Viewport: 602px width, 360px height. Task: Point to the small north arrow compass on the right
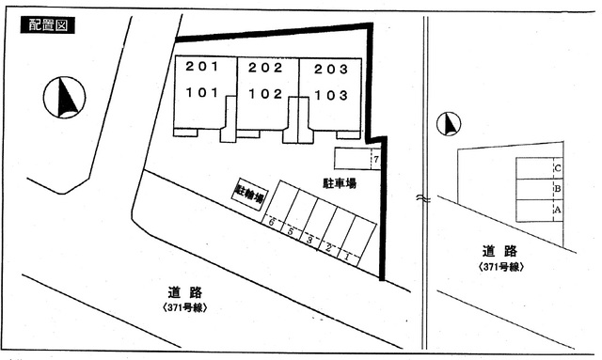click(x=450, y=124)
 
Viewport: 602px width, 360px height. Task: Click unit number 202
click(x=265, y=68)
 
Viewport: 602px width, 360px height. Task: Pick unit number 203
click(x=330, y=69)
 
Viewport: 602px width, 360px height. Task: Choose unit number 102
click(x=265, y=94)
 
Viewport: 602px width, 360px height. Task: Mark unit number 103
click(x=330, y=95)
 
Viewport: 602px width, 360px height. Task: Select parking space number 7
click(x=375, y=161)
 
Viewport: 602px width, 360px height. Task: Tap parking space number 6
click(x=271, y=224)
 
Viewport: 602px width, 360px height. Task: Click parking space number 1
click(x=347, y=256)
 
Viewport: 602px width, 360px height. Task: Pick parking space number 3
click(x=309, y=241)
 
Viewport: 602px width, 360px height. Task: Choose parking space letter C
click(x=558, y=169)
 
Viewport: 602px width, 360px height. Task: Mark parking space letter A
click(x=558, y=209)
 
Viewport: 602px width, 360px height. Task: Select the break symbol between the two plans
click(x=425, y=199)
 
